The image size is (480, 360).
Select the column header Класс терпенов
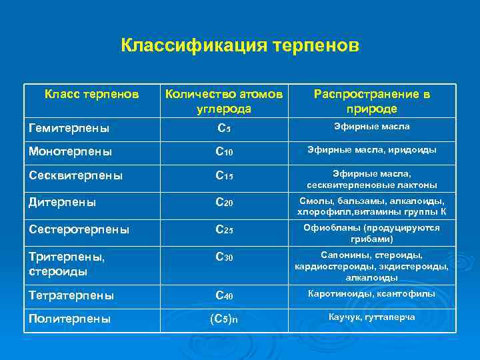(92, 95)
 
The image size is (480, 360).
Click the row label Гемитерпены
(69, 127)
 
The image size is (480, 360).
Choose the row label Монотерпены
(70, 151)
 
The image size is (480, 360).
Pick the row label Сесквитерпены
(76, 176)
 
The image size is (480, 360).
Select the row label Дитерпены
(63, 201)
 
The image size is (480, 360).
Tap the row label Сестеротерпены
(79, 229)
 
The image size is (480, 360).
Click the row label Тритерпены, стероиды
(67, 263)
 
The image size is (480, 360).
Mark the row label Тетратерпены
(71, 295)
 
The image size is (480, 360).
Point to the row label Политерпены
(69, 319)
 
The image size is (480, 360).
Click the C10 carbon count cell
(223, 152)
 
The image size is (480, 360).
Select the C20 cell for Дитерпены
(223, 202)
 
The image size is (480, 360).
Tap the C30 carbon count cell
(223, 256)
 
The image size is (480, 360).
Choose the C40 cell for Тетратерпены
(223, 295)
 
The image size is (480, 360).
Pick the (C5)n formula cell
(223, 319)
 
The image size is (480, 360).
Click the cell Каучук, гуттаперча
(371, 317)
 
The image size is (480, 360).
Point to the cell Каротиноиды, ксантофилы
(371, 293)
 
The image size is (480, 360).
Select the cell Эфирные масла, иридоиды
(371, 150)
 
